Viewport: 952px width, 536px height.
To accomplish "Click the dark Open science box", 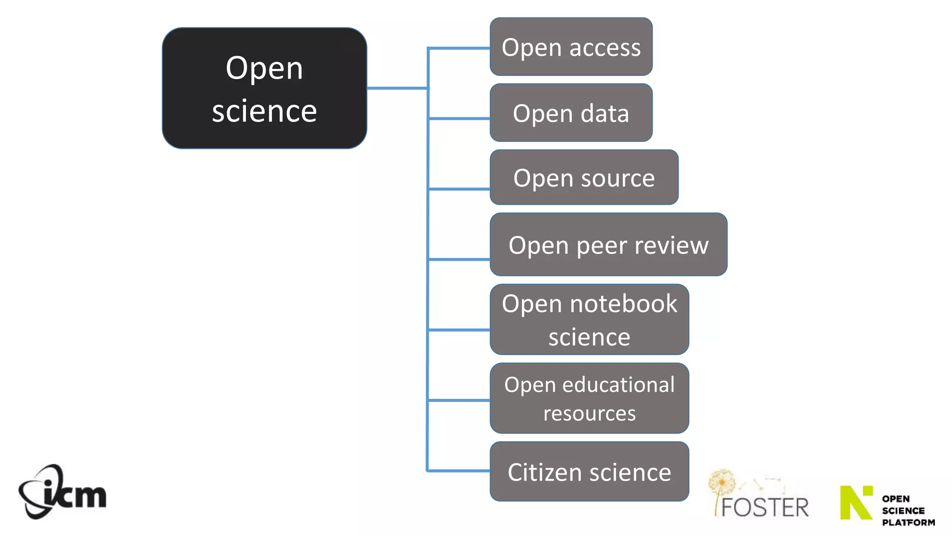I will (x=264, y=88).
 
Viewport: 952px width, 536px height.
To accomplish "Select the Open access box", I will (x=571, y=47).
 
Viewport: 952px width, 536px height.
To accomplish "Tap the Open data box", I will (x=571, y=113).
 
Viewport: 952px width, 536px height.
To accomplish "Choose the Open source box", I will (x=584, y=178).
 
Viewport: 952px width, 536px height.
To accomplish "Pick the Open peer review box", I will (x=608, y=245).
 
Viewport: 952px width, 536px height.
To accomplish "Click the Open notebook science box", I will (x=589, y=320).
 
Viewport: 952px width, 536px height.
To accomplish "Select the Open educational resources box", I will (x=589, y=398).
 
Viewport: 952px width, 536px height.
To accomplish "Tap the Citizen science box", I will (x=589, y=472).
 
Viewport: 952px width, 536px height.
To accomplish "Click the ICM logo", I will (x=62, y=492).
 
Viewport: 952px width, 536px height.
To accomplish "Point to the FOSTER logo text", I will (x=765, y=507).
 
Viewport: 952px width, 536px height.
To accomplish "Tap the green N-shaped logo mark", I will (x=856, y=502).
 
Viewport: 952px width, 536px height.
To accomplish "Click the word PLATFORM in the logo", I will (x=908, y=523).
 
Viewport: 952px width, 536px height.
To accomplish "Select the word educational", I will (x=618, y=385).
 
